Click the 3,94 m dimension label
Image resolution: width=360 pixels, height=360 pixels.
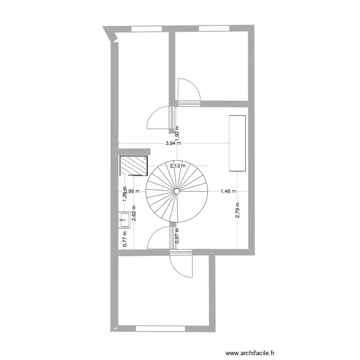point(173,143)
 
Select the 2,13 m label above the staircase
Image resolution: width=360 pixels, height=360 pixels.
point(177,166)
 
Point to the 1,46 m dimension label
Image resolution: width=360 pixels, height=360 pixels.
point(228,191)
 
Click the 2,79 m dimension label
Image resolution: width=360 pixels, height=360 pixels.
point(238,210)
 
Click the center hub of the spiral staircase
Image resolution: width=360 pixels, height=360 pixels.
point(177,192)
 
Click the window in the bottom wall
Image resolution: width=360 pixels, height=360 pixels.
point(160,329)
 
